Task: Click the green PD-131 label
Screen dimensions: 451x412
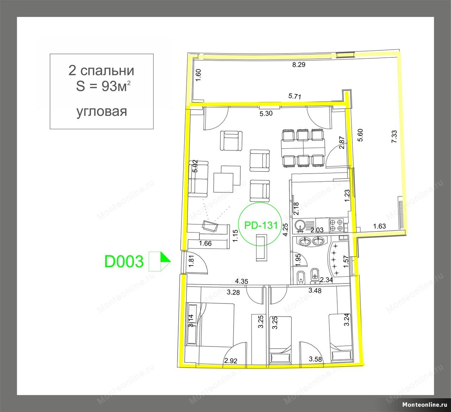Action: point(261,225)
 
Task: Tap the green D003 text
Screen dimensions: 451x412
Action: point(124,261)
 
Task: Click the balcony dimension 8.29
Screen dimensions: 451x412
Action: point(299,65)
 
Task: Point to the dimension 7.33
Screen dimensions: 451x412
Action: point(394,137)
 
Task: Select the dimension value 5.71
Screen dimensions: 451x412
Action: point(295,96)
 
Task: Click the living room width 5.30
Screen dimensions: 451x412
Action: point(266,113)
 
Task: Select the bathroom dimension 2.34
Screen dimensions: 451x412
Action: point(326,280)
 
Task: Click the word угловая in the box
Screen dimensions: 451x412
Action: point(101,112)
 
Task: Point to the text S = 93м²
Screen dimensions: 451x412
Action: point(103,86)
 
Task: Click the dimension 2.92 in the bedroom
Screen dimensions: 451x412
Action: point(231,361)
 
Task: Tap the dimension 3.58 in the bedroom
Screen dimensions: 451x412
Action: point(315,359)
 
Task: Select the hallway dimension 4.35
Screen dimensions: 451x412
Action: point(241,281)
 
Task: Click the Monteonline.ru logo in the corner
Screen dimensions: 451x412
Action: point(425,405)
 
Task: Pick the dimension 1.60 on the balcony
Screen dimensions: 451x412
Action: point(198,75)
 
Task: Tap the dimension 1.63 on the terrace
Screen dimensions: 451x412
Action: point(379,226)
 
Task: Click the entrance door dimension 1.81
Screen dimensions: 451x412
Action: point(191,261)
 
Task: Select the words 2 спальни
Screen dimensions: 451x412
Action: point(101,70)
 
